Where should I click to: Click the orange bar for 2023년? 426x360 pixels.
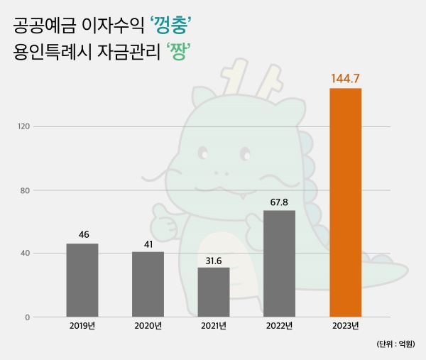pos(345,202)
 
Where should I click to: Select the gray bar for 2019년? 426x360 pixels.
pos(82,280)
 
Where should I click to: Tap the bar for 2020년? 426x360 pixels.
pos(148,284)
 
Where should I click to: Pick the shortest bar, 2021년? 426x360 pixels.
pos(214,292)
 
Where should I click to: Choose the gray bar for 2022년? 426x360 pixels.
pos(279,263)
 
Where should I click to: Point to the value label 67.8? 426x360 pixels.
pos(279,202)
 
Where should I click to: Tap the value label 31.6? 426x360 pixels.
pos(214,258)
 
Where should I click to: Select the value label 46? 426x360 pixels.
pos(82,234)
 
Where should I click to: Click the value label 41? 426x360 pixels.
pos(148,243)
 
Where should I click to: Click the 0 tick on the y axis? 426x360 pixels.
pos(26,317)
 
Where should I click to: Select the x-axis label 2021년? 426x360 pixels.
pos(214,326)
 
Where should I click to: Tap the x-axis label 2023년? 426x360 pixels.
pos(346,326)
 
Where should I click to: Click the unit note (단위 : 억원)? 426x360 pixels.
pos(396,344)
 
